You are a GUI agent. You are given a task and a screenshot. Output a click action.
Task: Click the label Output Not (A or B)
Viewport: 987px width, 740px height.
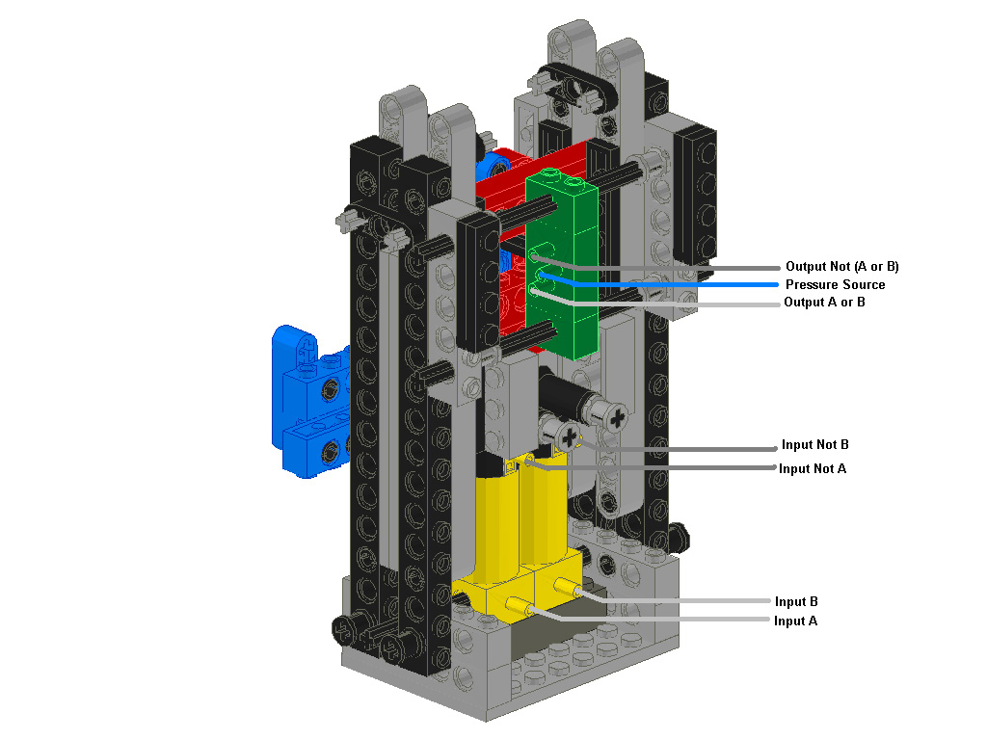[841, 267]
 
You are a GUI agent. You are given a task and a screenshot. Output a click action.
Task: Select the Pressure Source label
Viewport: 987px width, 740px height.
[835, 284]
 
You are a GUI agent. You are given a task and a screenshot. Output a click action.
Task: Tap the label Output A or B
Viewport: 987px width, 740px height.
[825, 303]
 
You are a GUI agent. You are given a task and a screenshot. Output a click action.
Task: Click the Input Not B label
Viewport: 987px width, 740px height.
[814, 445]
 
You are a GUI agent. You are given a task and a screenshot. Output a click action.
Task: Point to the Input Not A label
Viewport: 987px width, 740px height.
[812, 468]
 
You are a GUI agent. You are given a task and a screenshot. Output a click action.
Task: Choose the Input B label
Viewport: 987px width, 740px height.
[796, 602]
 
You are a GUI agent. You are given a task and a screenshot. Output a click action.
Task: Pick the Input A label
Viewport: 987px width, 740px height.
[795, 621]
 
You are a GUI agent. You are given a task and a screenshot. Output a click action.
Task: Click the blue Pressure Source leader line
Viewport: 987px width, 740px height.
[675, 285]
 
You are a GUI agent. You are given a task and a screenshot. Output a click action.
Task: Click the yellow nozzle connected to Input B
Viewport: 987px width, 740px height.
[568, 586]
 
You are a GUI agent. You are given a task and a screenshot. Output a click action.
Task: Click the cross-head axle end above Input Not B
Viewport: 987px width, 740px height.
[614, 415]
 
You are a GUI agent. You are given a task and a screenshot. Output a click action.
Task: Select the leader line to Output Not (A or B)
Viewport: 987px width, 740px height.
[675, 268]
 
